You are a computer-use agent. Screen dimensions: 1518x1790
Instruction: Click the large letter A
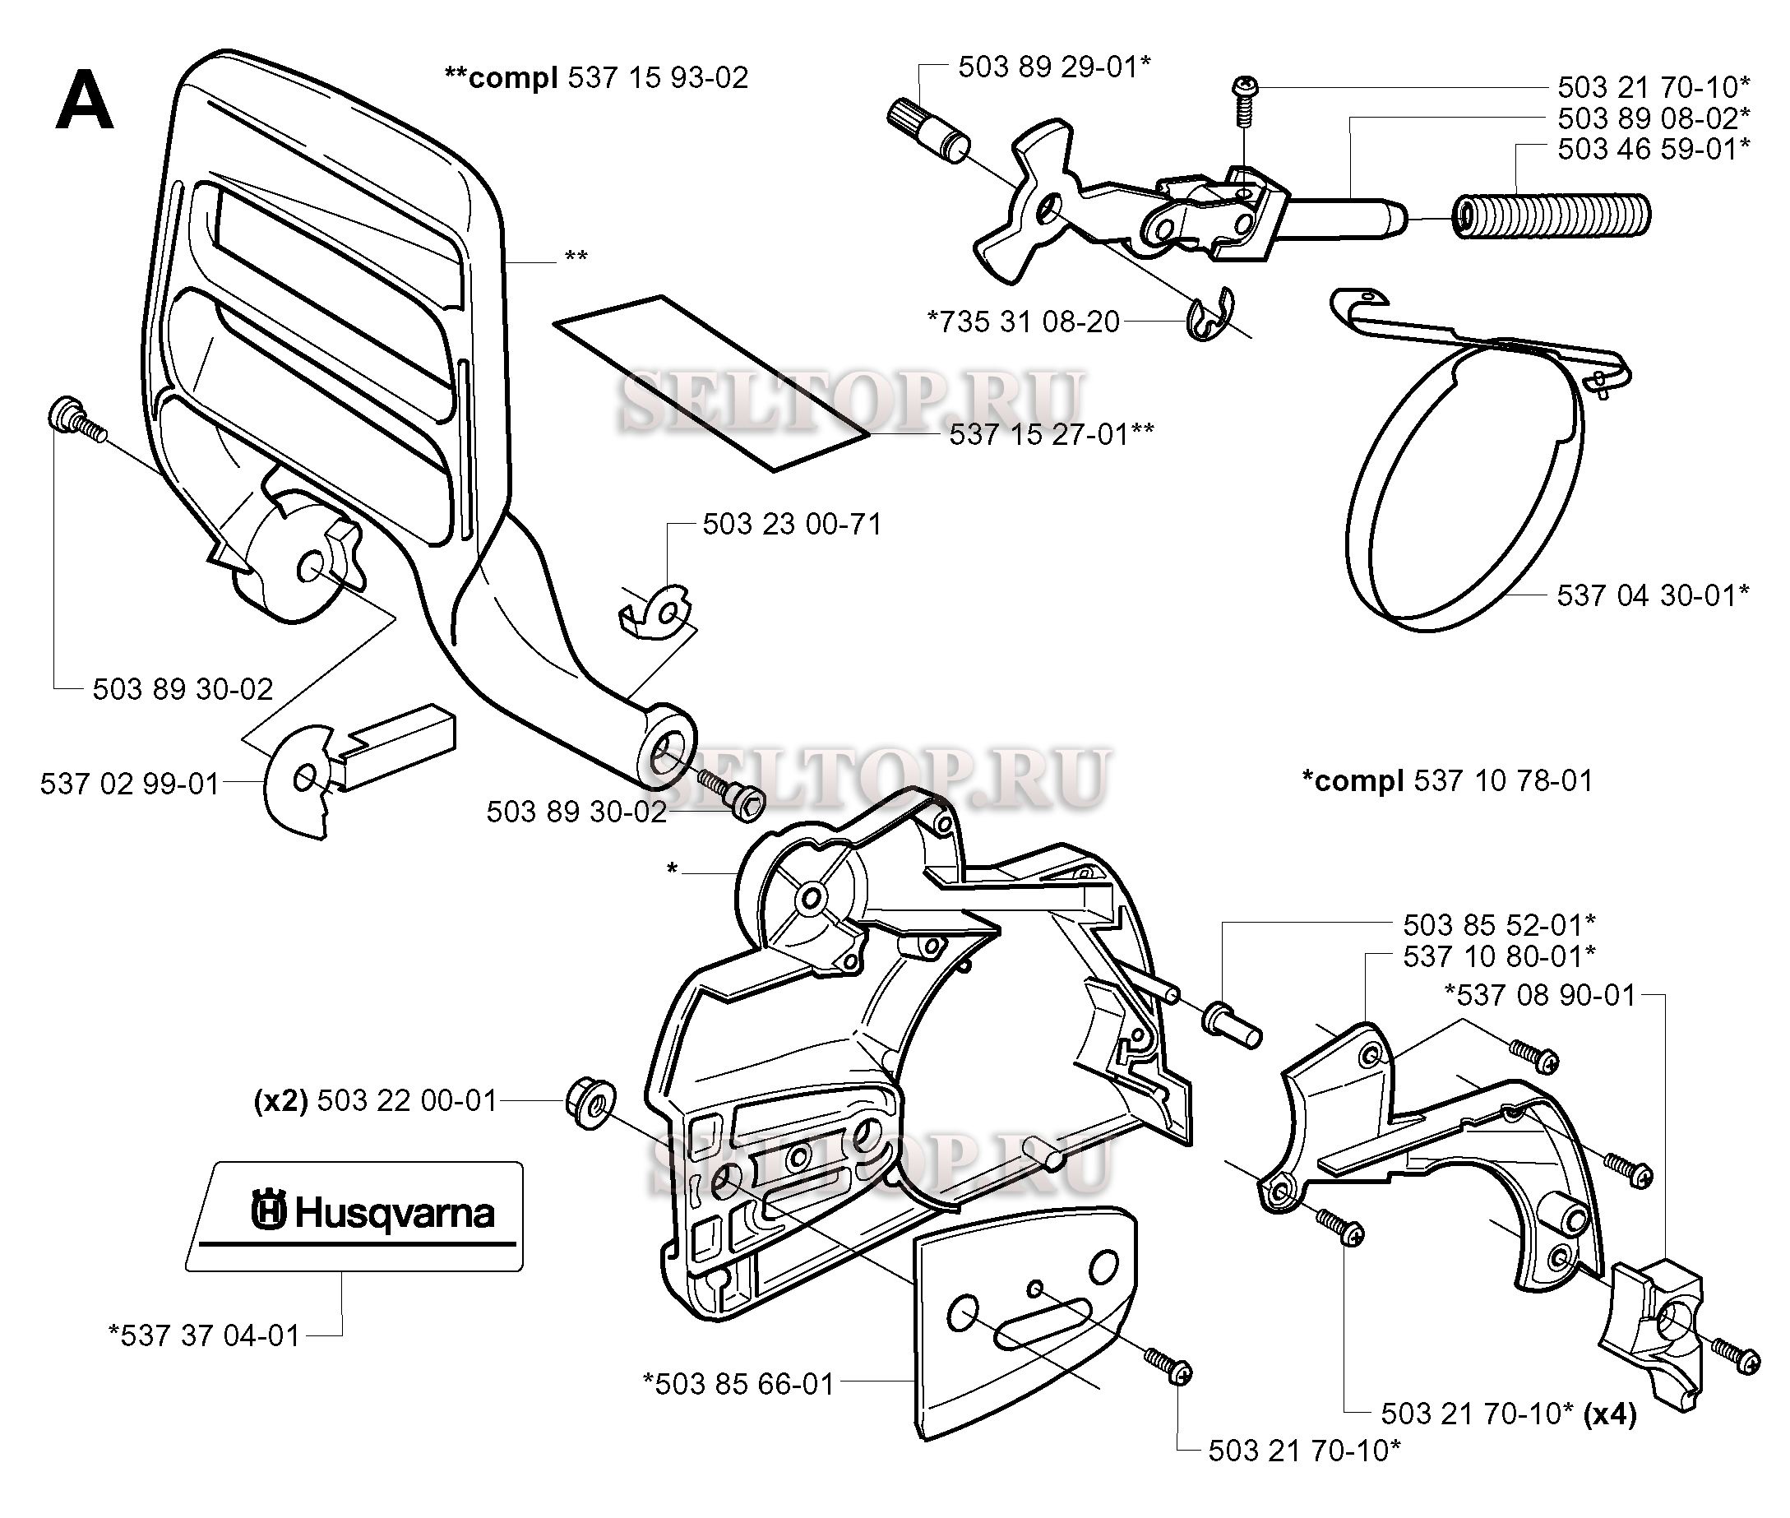(x=85, y=100)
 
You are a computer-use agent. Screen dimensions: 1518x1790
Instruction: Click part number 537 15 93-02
(x=658, y=78)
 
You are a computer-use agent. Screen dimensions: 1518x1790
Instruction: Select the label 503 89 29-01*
(x=1054, y=67)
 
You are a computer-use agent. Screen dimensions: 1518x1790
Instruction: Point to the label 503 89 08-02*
(x=1654, y=118)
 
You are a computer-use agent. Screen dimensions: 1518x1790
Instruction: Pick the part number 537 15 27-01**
(x=1051, y=434)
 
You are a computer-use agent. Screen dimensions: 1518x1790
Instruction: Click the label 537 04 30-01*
(x=1653, y=595)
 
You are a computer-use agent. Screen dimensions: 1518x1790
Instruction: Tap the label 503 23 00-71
(x=792, y=525)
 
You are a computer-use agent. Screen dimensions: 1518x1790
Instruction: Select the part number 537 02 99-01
(x=130, y=784)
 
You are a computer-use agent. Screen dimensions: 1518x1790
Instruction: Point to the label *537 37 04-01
(x=204, y=1335)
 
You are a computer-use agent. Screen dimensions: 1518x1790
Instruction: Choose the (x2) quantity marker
(x=280, y=1100)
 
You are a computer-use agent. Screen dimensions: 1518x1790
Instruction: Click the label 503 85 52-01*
(x=1498, y=925)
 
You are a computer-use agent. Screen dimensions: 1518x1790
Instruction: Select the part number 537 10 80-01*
(x=1498, y=956)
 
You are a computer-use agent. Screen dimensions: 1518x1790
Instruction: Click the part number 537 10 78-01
(x=1502, y=781)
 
